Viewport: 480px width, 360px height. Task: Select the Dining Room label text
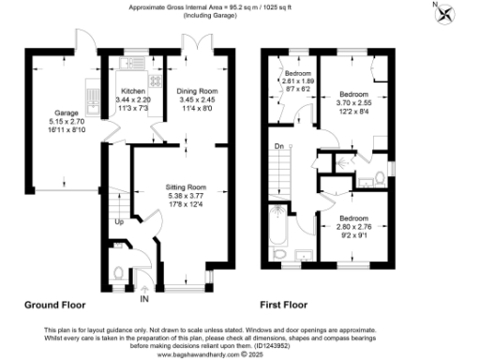tap(197, 91)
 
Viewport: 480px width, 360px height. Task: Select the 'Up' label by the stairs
tap(118, 223)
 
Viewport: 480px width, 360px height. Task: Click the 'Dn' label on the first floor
tap(278, 146)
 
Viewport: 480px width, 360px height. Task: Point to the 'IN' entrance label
tap(143, 299)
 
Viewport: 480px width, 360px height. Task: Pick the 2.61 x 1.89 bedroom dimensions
tap(299, 81)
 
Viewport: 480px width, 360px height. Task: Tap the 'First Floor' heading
tap(289, 306)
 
